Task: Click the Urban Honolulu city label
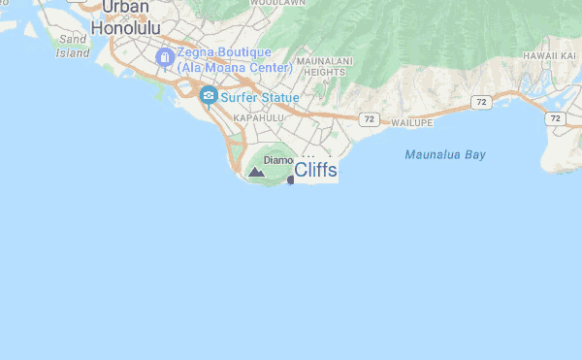125,18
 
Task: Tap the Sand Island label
73,47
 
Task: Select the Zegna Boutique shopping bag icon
165,58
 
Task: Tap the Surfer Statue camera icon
207,96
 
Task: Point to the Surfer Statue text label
259,97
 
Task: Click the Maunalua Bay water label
445,154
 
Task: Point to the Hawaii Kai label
550,55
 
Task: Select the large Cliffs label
315,171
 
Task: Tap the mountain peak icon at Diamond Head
256,172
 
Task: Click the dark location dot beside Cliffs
291,180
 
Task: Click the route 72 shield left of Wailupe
368,118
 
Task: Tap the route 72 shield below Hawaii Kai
554,117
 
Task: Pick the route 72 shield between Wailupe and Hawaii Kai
482,101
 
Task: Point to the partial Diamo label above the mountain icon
278,159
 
